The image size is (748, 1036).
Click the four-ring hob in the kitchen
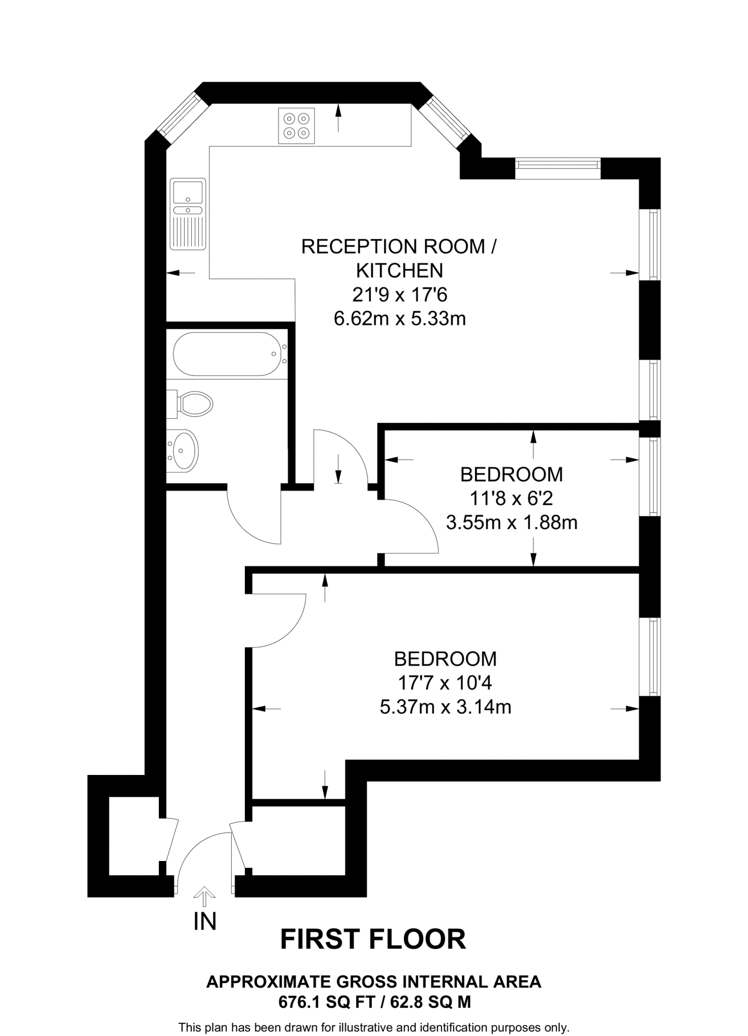[x=296, y=125]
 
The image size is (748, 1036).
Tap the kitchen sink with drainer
[x=188, y=213]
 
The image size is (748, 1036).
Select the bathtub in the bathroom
[x=227, y=354]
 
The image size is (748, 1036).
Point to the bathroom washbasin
[x=184, y=450]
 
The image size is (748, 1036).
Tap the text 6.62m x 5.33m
[x=400, y=319]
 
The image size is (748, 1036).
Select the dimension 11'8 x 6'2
[x=511, y=499]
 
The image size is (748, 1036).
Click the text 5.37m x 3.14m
[x=445, y=707]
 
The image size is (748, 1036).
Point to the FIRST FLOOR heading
[x=373, y=940]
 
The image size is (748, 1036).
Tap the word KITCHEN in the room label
[x=399, y=271]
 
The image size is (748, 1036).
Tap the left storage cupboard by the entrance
[x=134, y=835]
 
